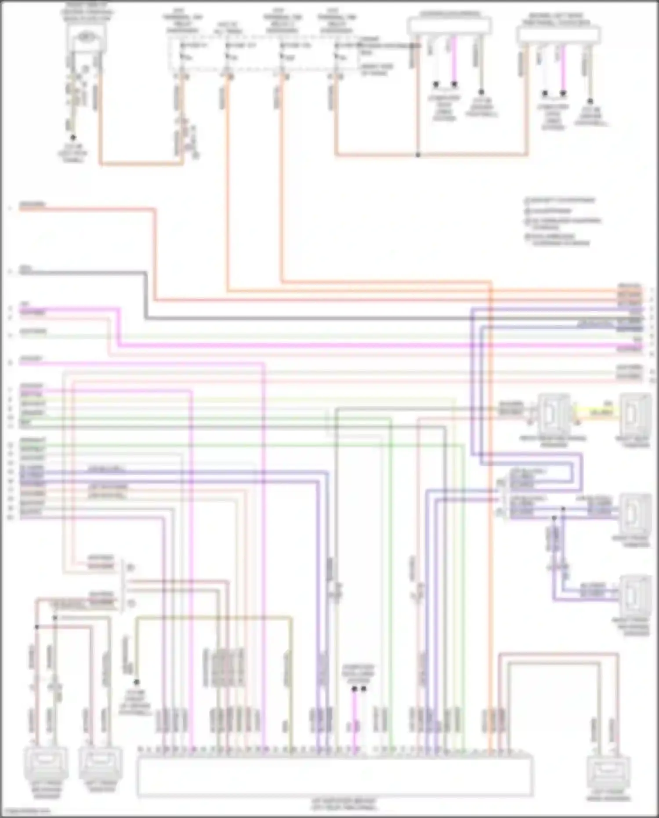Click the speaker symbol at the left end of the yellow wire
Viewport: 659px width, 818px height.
[554, 414]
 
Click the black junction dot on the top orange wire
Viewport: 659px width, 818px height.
[418, 155]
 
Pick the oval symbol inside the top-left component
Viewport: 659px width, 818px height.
[87, 38]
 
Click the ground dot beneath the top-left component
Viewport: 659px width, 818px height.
[73, 138]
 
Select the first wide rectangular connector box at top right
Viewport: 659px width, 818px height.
[449, 26]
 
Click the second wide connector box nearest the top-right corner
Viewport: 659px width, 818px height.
[558, 34]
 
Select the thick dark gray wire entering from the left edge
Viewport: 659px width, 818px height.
[79, 273]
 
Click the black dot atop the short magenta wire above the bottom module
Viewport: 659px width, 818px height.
[354, 689]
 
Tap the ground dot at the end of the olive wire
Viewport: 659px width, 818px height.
[137, 682]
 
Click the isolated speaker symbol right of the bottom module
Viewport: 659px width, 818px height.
[609, 772]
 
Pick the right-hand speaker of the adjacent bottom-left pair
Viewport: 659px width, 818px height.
[100, 763]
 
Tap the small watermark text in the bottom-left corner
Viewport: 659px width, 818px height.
[25, 811]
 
